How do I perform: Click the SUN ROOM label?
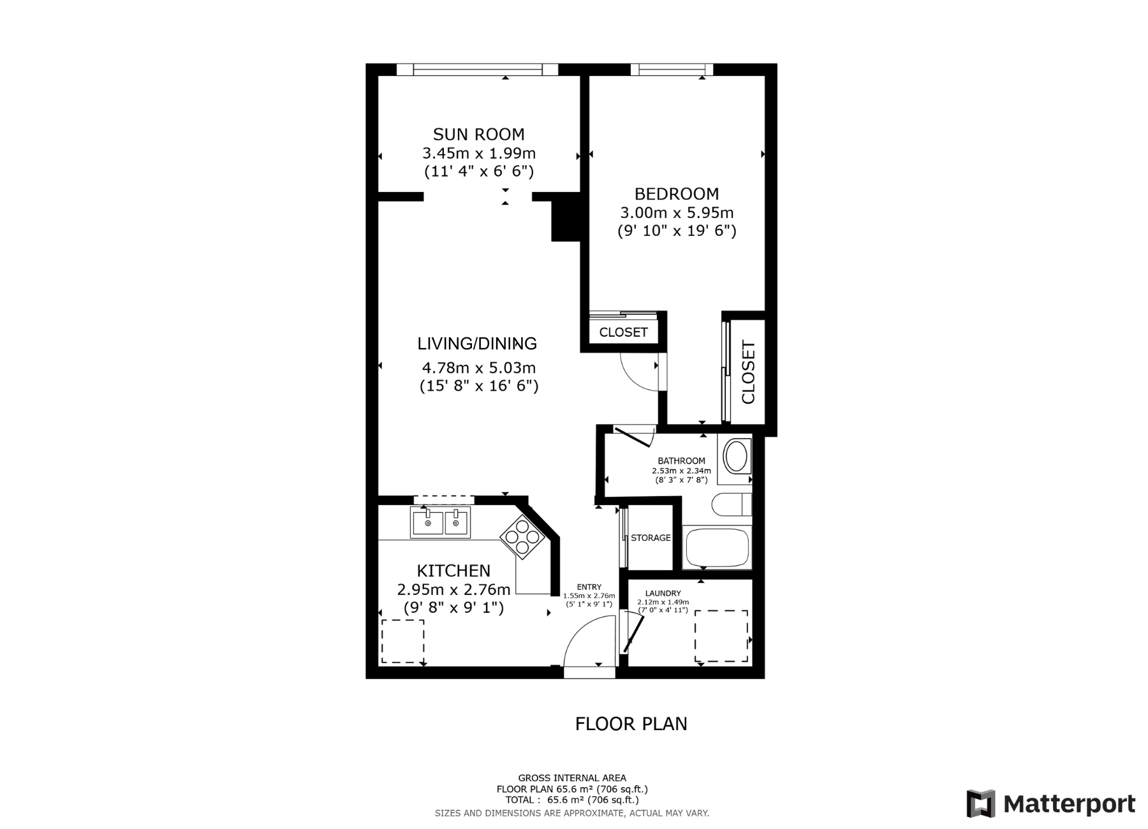click(478, 135)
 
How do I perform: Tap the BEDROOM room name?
click(676, 194)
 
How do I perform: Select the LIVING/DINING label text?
click(477, 344)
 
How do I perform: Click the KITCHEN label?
click(453, 571)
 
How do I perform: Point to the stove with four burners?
click(522, 537)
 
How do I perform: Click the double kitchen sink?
click(441, 522)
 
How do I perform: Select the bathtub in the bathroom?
click(717, 548)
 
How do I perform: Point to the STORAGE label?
click(651, 538)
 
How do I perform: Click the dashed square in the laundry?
click(721, 636)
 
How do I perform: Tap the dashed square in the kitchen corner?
click(402, 641)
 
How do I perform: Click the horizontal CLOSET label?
click(623, 332)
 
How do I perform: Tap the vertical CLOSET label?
click(748, 372)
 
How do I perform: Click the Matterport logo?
click(1050, 804)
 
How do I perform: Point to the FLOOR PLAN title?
click(631, 724)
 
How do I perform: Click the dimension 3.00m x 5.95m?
click(676, 212)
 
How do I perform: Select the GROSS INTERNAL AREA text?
click(571, 778)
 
